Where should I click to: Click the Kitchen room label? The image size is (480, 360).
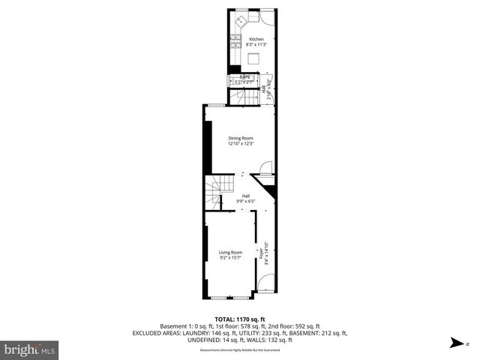pyautogui.click(x=256, y=39)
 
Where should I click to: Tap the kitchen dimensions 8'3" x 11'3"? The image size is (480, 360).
pyautogui.click(x=256, y=45)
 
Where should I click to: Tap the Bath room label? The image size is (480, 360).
pyautogui.click(x=244, y=76)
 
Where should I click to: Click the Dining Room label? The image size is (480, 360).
pyautogui.click(x=240, y=138)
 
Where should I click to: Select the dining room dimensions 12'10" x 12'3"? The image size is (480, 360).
pyautogui.click(x=240, y=144)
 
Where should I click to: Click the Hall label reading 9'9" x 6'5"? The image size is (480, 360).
pyautogui.click(x=245, y=201)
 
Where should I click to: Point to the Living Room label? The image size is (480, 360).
pyautogui.click(x=230, y=252)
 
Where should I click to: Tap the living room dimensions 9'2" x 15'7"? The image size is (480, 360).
pyautogui.click(x=230, y=258)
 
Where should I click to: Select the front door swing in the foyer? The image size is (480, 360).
pyautogui.click(x=265, y=283)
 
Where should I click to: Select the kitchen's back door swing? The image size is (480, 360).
pyautogui.click(x=266, y=16)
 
